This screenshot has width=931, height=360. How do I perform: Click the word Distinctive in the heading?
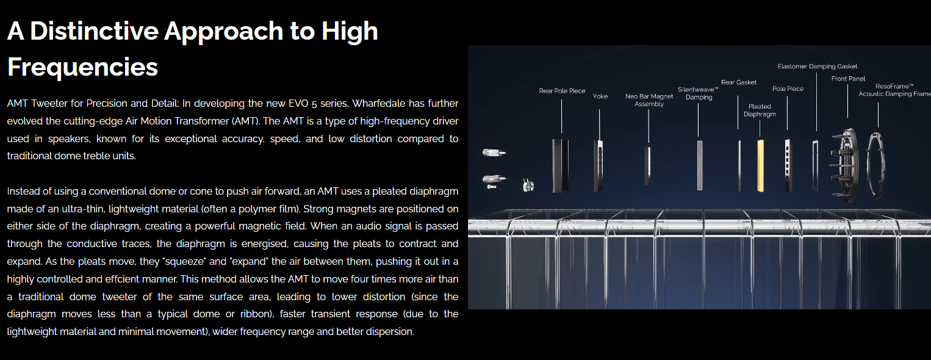(94, 31)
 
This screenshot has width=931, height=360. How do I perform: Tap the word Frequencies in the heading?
(83, 67)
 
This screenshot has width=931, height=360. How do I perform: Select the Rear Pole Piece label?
(562, 91)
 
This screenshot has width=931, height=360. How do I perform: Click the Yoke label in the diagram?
(600, 96)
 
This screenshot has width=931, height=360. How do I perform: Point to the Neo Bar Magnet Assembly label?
(649, 100)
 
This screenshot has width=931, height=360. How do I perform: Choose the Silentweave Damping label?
(698, 93)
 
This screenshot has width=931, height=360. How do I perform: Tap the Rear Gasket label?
(739, 82)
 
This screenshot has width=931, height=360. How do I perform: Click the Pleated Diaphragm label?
(760, 110)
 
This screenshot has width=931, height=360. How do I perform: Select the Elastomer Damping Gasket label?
(817, 67)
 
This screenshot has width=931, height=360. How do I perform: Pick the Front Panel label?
(848, 79)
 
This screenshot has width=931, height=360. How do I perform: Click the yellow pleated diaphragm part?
(761, 166)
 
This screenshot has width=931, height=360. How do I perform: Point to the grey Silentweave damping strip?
(700, 165)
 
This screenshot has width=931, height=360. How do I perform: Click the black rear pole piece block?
(560, 166)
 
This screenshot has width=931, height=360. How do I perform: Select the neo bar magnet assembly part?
(647, 165)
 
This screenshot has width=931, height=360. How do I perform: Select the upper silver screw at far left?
(494, 153)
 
